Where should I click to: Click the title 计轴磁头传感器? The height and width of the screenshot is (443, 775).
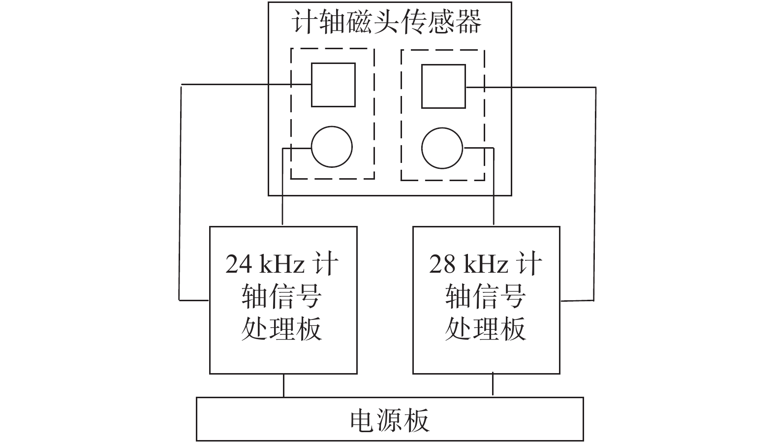coord(387,22)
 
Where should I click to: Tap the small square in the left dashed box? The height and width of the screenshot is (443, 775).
coord(333,85)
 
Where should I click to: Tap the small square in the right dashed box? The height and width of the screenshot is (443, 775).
coord(443,86)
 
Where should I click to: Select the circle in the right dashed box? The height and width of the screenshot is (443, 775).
coord(442,148)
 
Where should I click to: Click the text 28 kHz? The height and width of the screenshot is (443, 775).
coord(468,265)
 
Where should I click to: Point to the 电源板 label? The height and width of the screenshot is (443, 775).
coord(389,420)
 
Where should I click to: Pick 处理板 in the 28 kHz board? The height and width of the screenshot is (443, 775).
coord(485,328)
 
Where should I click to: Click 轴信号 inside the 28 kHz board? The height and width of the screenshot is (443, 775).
coord(485,296)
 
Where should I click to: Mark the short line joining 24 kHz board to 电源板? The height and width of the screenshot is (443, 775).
coord(283,385)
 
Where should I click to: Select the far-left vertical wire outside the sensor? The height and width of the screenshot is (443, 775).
coord(180,192)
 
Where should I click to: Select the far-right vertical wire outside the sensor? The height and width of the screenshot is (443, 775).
coord(594,192)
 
